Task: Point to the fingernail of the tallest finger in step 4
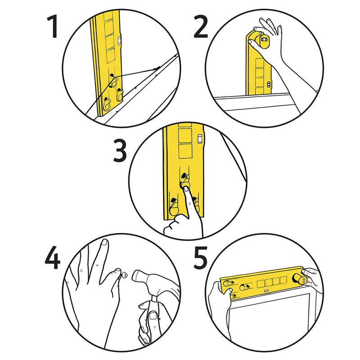(104, 243)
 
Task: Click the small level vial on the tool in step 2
(269, 84)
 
